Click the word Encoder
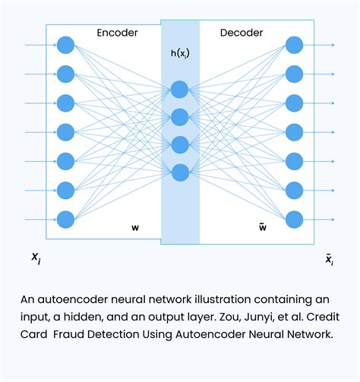118,33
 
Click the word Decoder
241,33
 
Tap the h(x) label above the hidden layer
180,54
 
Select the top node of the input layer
65,45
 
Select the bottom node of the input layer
65,219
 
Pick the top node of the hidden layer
180,90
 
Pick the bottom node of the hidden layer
180,172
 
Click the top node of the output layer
295,45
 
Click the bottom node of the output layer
295,219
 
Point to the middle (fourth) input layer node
65,132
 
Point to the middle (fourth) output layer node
295,132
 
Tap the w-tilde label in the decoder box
263,226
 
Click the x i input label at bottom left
36,260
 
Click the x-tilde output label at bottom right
329,260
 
